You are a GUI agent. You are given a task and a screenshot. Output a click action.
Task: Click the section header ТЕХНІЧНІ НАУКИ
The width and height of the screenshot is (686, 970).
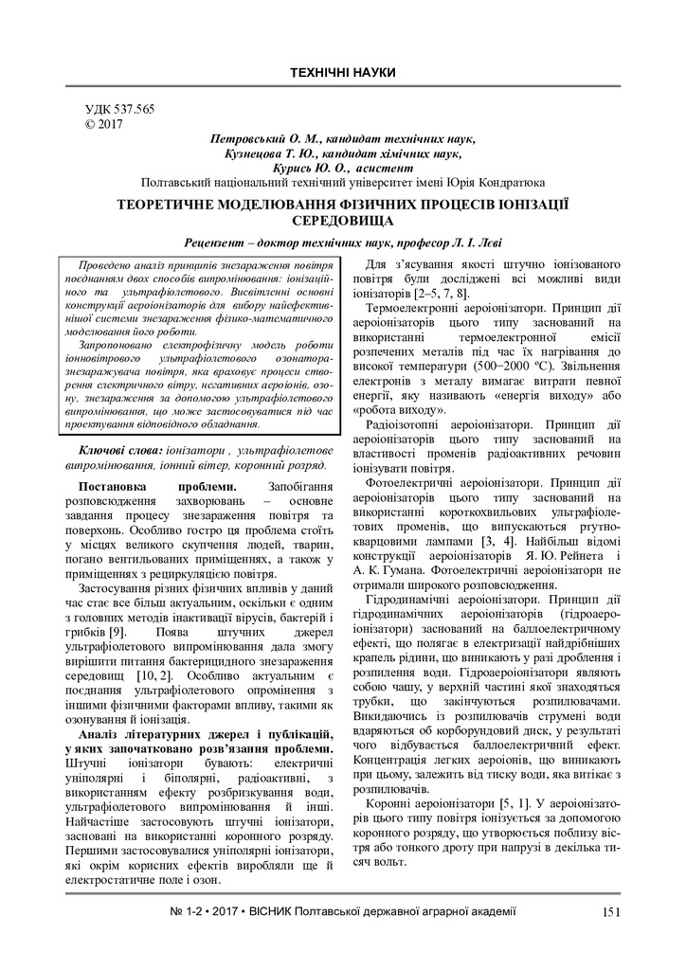342,73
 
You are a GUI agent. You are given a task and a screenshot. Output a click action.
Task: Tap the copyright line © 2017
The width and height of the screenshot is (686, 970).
104,124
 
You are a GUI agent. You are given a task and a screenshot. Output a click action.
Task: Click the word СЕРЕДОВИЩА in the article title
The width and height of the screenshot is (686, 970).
342,219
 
